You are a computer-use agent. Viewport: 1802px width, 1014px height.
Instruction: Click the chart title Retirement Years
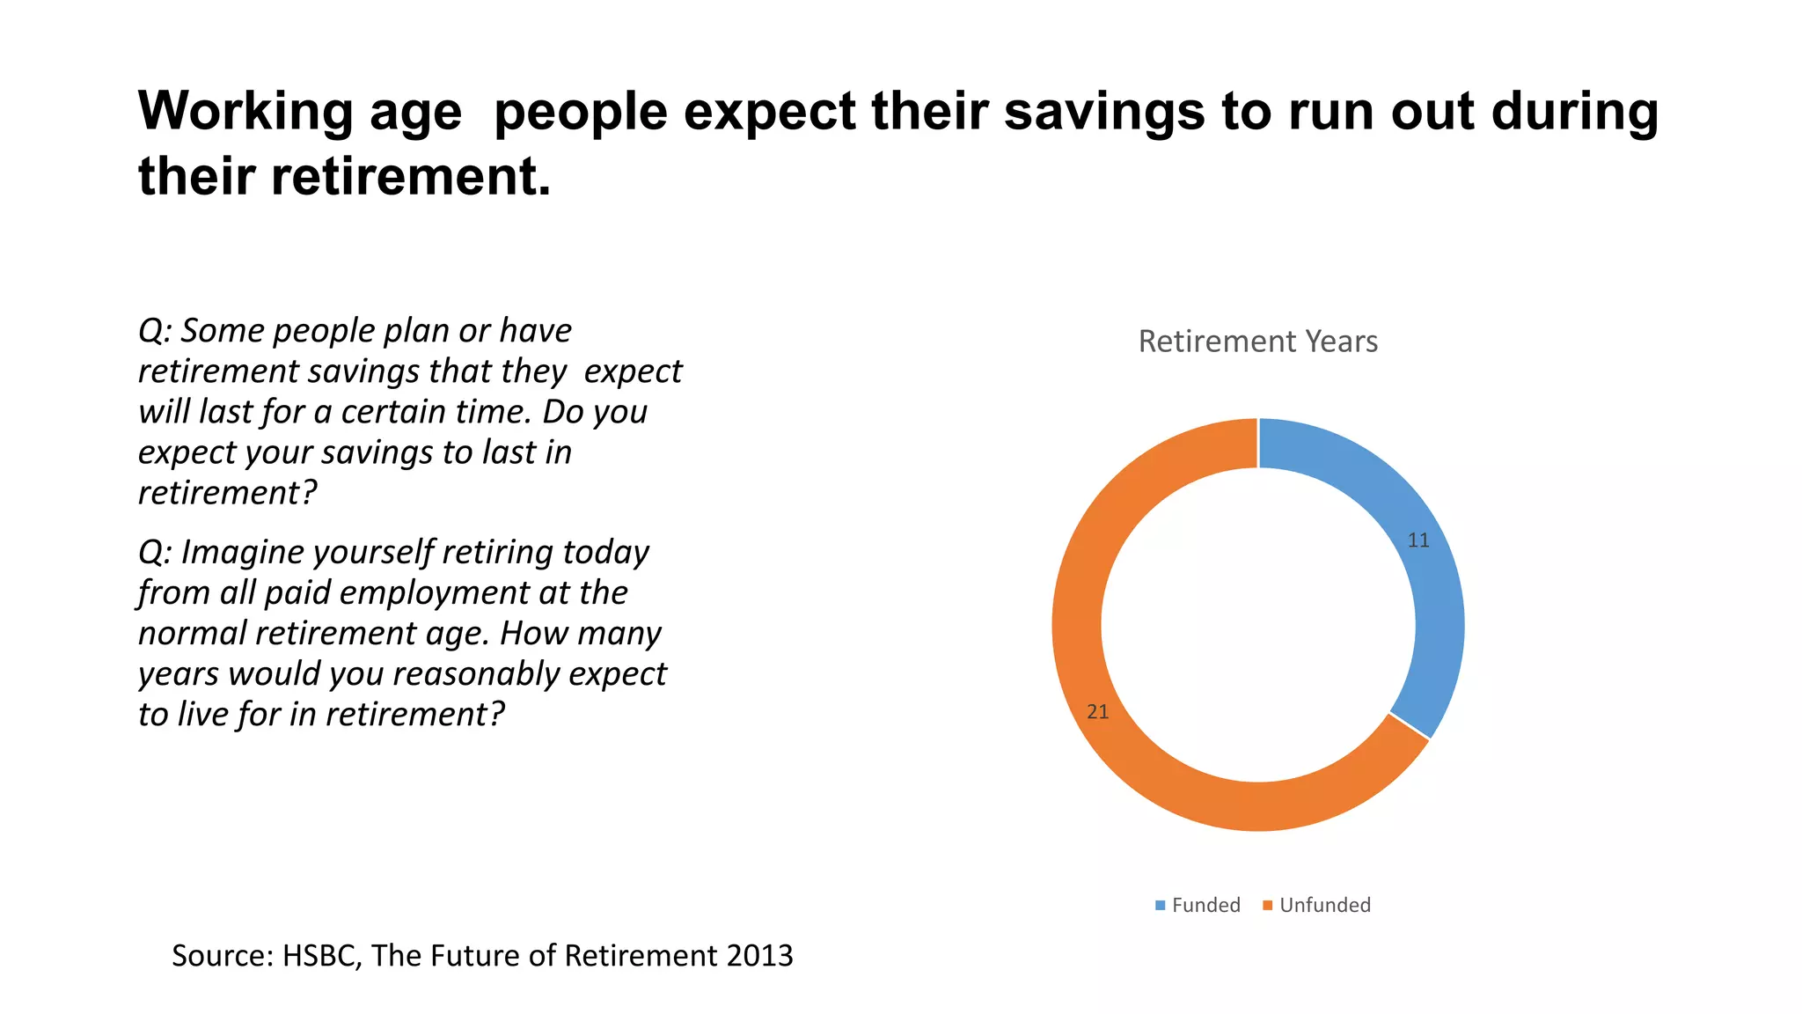(x=1257, y=342)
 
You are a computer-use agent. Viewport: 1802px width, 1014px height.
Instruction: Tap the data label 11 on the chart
(x=1418, y=540)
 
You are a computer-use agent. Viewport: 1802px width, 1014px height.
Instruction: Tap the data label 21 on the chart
(x=1097, y=712)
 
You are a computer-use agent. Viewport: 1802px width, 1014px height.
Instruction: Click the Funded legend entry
(x=1205, y=905)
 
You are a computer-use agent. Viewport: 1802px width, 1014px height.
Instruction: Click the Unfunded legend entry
(x=1324, y=905)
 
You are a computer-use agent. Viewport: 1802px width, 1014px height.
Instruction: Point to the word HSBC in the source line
(x=321, y=956)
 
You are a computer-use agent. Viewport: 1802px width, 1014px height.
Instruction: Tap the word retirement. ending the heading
(x=411, y=177)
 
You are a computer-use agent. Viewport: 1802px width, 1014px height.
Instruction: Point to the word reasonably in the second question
(x=477, y=674)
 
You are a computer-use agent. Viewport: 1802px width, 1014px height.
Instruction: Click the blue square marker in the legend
(x=1161, y=906)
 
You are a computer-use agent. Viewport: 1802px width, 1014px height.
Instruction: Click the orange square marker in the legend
(x=1268, y=906)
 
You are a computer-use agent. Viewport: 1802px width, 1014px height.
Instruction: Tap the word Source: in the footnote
(x=223, y=956)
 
